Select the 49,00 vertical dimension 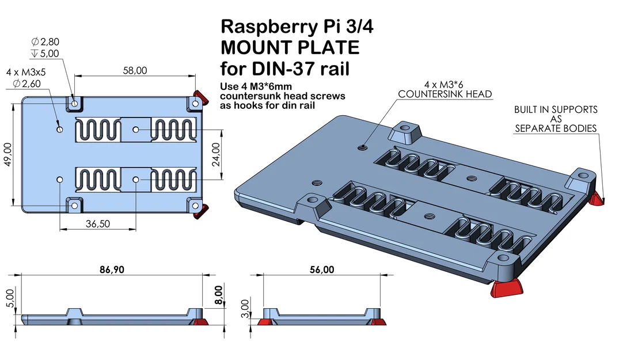pos(7,154)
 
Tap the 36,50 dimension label pos(97,224)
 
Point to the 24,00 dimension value pos(216,154)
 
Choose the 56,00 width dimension pos(321,270)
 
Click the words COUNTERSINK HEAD pos(445,94)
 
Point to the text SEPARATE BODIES pos(556,128)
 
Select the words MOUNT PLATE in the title pos(290,47)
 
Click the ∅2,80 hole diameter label pos(45,41)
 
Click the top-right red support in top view pos(200,95)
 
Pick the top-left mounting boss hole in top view pos(74,103)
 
